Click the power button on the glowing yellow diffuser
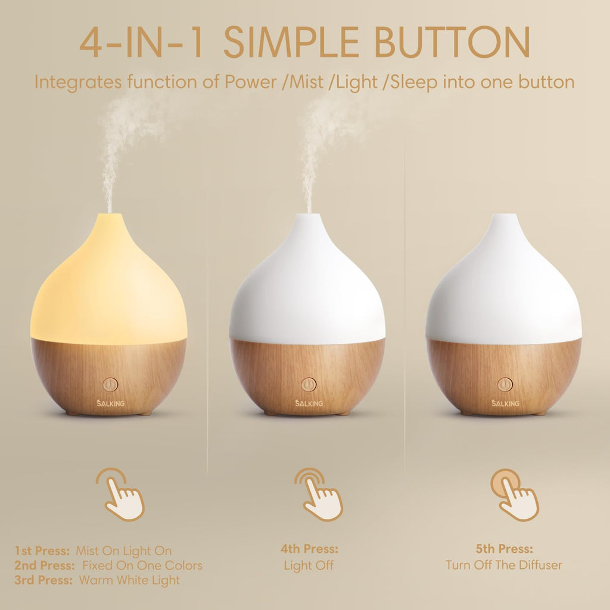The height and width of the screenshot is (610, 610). pos(109,385)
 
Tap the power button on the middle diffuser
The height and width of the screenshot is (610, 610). pos(308,385)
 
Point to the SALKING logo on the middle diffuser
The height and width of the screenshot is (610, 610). pos(308,403)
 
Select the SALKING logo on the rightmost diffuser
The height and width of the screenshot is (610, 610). pos(505,403)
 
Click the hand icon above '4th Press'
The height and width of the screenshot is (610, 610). pos(319,494)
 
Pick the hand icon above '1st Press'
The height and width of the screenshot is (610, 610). pos(122,494)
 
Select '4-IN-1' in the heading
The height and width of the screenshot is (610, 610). pos(146,42)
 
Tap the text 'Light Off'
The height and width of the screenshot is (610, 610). pos(309,565)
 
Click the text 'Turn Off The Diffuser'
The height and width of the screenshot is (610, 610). pos(504,565)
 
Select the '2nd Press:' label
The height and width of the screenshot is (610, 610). pos(45,565)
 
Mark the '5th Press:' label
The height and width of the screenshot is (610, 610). pos(504,549)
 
